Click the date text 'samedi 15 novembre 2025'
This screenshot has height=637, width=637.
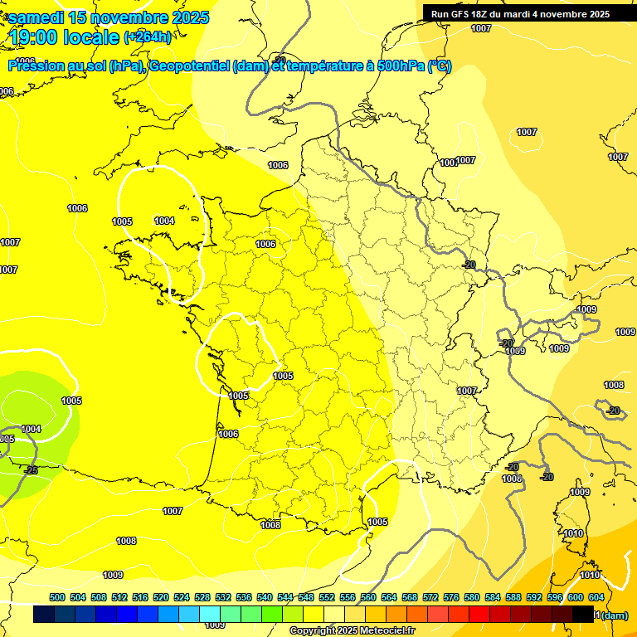tap(109, 17)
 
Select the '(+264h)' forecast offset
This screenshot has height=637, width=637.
tap(148, 36)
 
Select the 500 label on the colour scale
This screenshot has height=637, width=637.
tap(57, 597)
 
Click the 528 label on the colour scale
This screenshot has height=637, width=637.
tap(202, 597)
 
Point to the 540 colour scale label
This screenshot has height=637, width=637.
tap(265, 597)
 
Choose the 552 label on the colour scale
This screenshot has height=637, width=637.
tap(327, 597)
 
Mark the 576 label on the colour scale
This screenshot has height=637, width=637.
tap(451, 597)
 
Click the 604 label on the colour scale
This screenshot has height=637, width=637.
tap(596, 597)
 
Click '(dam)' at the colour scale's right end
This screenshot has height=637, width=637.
tap(615, 615)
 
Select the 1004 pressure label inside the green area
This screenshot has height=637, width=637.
tap(31, 429)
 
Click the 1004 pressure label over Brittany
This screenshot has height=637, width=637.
tap(164, 221)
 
